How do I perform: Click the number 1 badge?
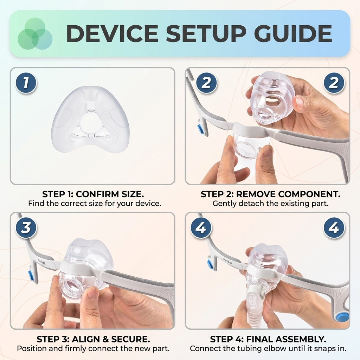pyautogui.click(x=26, y=83)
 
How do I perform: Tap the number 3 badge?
pyautogui.click(x=26, y=227)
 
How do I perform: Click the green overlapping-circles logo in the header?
pyautogui.click(x=35, y=33)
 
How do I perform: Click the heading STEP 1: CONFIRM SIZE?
pyautogui.click(x=93, y=194)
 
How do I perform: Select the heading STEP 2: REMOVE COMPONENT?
pyautogui.click(x=270, y=194)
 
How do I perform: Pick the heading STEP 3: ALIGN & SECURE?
pyautogui.click(x=93, y=339)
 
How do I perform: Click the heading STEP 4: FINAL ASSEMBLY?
pyautogui.click(x=268, y=339)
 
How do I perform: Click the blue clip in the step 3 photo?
pyautogui.click(x=31, y=275)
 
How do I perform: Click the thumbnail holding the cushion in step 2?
pyautogui.click(x=300, y=102)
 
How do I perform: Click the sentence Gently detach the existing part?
pyautogui.click(x=270, y=204)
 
